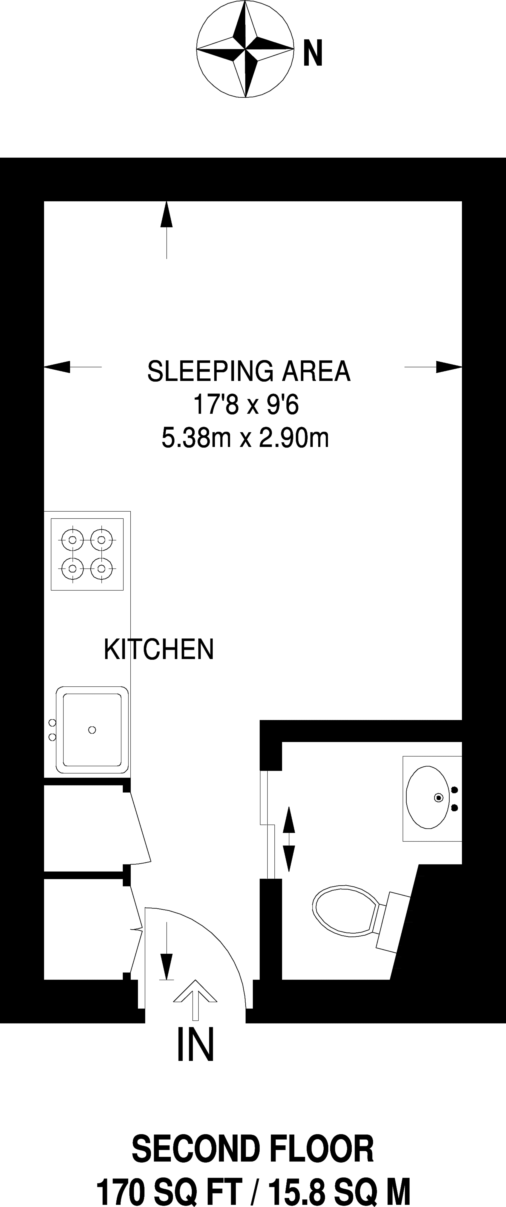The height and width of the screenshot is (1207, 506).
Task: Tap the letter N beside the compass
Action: pos(313,53)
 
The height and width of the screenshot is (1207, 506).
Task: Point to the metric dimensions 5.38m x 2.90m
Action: pos(245,438)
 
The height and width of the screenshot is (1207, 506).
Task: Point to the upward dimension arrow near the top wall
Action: pos(167,229)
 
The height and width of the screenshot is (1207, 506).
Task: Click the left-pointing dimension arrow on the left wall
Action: pos(73,367)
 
